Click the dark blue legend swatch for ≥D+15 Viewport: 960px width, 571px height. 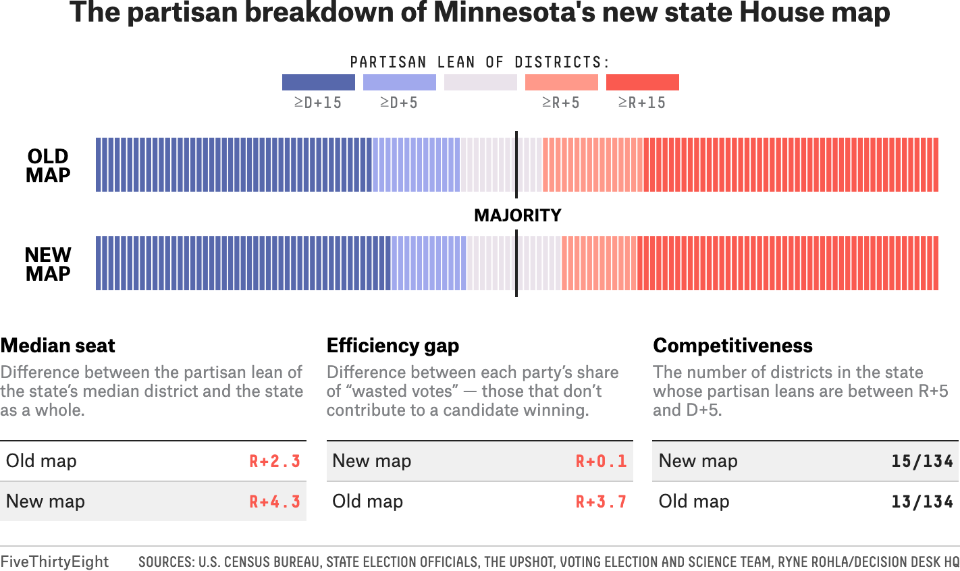point(319,82)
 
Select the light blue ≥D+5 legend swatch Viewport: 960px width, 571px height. point(400,82)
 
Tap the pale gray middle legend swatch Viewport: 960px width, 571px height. point(481,82)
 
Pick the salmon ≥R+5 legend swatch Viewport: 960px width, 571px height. point(562,82)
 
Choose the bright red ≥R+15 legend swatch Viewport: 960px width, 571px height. point(643,82)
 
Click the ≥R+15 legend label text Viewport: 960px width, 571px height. point(641,103)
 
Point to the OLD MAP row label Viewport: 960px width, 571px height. point(48,166)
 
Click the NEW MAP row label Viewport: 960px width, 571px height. point(48,265)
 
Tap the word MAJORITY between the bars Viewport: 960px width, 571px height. point(518,215)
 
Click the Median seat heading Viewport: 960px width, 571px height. point(58,346)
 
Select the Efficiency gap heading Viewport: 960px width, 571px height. point(392,346)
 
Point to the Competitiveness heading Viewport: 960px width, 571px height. point(732,346)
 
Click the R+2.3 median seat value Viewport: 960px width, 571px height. point(275,462)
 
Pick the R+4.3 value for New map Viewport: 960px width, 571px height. point(275,501)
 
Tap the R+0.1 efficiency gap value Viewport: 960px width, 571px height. point(602,462)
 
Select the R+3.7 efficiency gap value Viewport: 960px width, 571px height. point(602,501)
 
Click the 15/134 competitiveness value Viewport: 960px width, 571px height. point(922,462)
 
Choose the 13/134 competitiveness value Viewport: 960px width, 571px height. point(922,501)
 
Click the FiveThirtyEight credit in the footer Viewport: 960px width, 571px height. point(55,562)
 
